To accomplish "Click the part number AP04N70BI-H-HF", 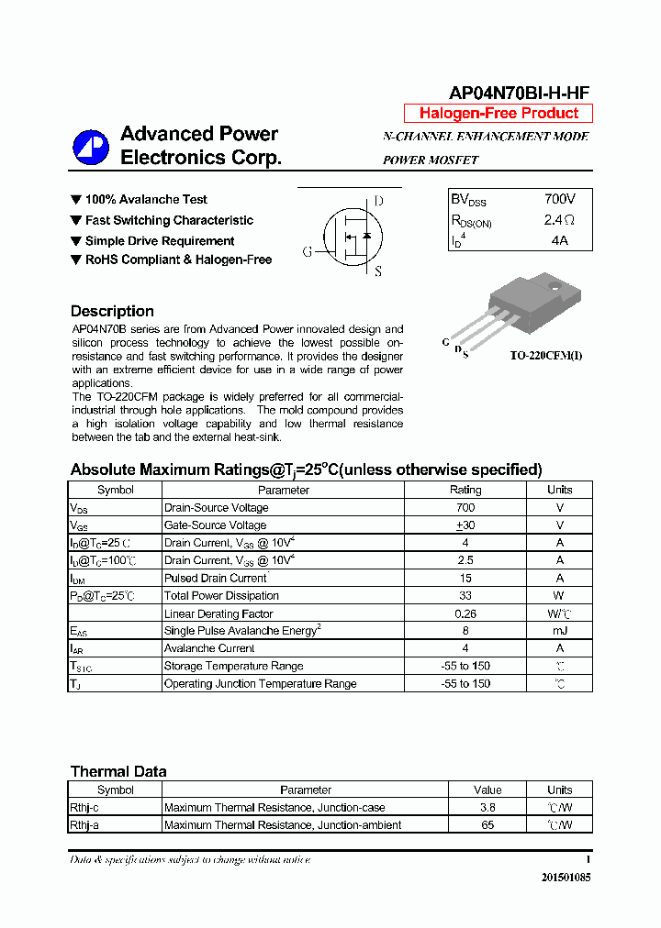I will [x=519, y=93].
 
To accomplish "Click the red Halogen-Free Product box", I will [x=499, y=114].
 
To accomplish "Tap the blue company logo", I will [x=91, y=147].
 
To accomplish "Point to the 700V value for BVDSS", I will [x=560, y=199].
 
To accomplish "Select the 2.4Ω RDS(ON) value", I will [x=559, y=220].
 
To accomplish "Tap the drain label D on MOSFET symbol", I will [x=378, y=202].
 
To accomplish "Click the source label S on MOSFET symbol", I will [x=377, y=271].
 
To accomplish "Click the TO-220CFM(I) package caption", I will [x=546, y=356].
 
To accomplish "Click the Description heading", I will [x=112, y=311].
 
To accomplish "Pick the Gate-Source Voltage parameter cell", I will [x=215, y=525].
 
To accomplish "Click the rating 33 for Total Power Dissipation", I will [x=465, y=596].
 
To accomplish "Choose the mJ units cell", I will [x=559, y=631].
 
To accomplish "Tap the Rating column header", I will [x=465, y=490].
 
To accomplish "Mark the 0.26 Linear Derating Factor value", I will [x=465, y=613].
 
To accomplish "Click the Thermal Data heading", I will [x=118, y=771].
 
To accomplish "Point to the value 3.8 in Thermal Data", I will [x=487, y=807].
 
